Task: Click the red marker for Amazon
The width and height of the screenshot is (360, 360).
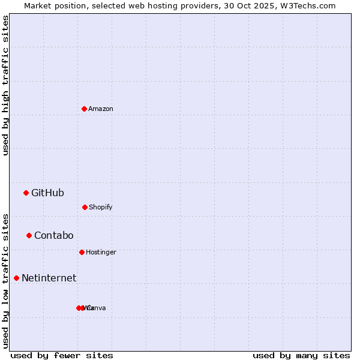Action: pyautogui.click(x=84, y=109)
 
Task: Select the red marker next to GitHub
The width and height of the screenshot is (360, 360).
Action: pyautogui.click(x=26, y=193)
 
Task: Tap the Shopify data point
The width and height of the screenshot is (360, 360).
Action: pyautogui.click(x=85, y=207)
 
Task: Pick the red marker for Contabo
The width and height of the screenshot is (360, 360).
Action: pyautogui.click(x=29, y=235)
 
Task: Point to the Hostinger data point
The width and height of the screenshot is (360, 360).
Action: pyautogui.click(x=82, y=252)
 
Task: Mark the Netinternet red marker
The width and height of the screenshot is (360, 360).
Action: pyautogui.click(x=16, y=278)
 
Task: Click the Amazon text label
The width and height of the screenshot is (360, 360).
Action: pyautogui.click(x=101, y=109)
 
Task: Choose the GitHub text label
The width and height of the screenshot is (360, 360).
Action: pyautogui.click(x=47, y=193)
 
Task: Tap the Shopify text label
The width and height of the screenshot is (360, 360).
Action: pyautogui.click(x=101, y=207)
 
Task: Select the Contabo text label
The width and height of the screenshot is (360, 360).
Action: pyautogui.click(x=53, y=235)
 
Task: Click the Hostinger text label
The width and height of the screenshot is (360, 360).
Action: pyautogui.click(x=101, y=252)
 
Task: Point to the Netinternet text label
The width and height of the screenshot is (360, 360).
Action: pyautogui.click(x=49, y=278)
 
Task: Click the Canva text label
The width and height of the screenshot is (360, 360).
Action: pyautogui.click(x=96, y=308)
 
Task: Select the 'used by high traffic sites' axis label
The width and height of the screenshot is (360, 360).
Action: pyautogui.click(x=5, y=85)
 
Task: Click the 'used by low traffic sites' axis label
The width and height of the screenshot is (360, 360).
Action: pyautogui.click(x=5, y=280)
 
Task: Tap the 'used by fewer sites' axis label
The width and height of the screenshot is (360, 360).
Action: pyautogui.click(x=62, y=355)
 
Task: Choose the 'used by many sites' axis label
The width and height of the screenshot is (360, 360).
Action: pyautogui.click(x=301, y=355)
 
